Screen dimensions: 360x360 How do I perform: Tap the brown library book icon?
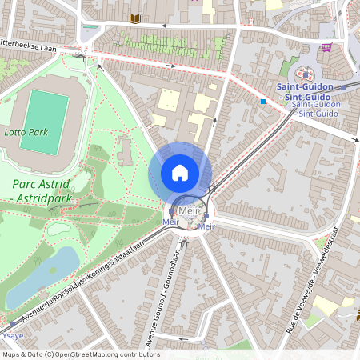(x=135, y=18)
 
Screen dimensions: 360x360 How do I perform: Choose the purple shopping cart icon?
(x=326, y=46)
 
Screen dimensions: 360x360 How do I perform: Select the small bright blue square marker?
(x=262, y=102)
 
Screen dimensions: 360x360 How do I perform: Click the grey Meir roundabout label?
(x=189, y=210)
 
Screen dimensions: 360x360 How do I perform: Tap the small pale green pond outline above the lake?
(x=58, y=228)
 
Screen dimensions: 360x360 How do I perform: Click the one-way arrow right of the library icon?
(x=166, y=26)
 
